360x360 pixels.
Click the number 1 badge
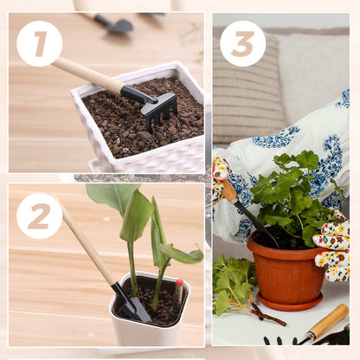[40, 44]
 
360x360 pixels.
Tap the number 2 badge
[40, 216]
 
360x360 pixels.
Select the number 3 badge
[243, 43]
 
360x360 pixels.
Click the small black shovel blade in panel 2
[133, 305]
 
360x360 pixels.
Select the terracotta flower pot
[286, 267]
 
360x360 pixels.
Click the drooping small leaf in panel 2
[182, 254]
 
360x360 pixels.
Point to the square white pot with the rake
[138, 121]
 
